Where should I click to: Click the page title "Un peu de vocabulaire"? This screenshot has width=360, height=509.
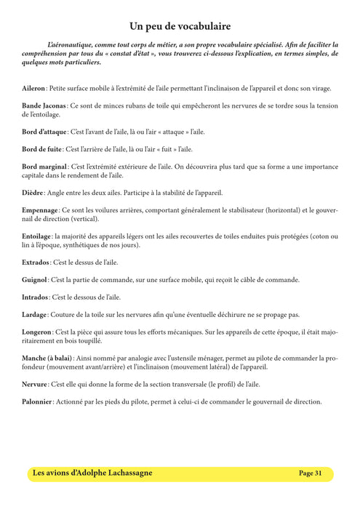180,26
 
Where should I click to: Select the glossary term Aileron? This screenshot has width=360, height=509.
33,89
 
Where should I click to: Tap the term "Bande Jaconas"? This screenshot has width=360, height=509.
45,106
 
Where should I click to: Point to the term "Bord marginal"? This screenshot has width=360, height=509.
44,167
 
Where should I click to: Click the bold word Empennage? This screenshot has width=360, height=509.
41,210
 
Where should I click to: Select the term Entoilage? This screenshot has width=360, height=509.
36,236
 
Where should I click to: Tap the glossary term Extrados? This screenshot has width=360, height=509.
36,262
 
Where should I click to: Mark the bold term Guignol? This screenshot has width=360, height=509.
35,279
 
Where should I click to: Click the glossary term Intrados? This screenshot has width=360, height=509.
35,297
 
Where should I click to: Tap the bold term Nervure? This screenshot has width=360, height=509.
36,384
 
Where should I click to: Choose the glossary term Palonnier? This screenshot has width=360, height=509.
37,401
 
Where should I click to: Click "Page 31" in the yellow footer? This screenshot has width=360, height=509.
311,473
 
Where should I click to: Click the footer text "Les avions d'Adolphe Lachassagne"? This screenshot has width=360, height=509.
92,473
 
